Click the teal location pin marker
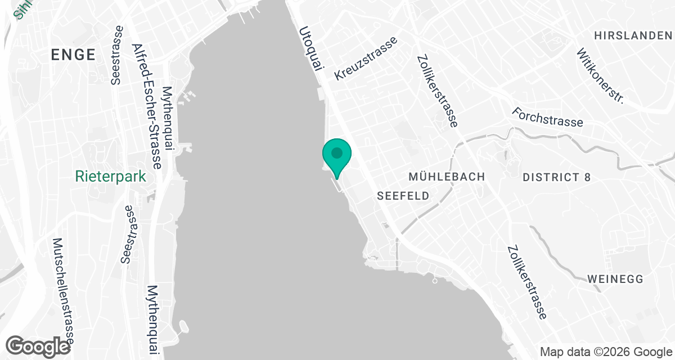coord(337,155)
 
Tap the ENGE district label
coord(73,55)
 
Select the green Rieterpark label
coord(111,177)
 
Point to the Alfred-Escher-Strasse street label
coord(146,106)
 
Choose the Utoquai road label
coord(312,49)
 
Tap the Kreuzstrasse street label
coord(366,58)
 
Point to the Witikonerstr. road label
coord(601,76)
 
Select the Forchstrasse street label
coord(547,116)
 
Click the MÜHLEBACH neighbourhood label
coord(447,177)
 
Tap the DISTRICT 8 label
coord(557,177)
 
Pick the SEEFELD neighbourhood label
coord(403,196)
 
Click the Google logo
coord(38,345)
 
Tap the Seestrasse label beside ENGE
coord(116,55)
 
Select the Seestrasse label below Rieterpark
coord(129,235)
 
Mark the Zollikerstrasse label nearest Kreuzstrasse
coord(438,91)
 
